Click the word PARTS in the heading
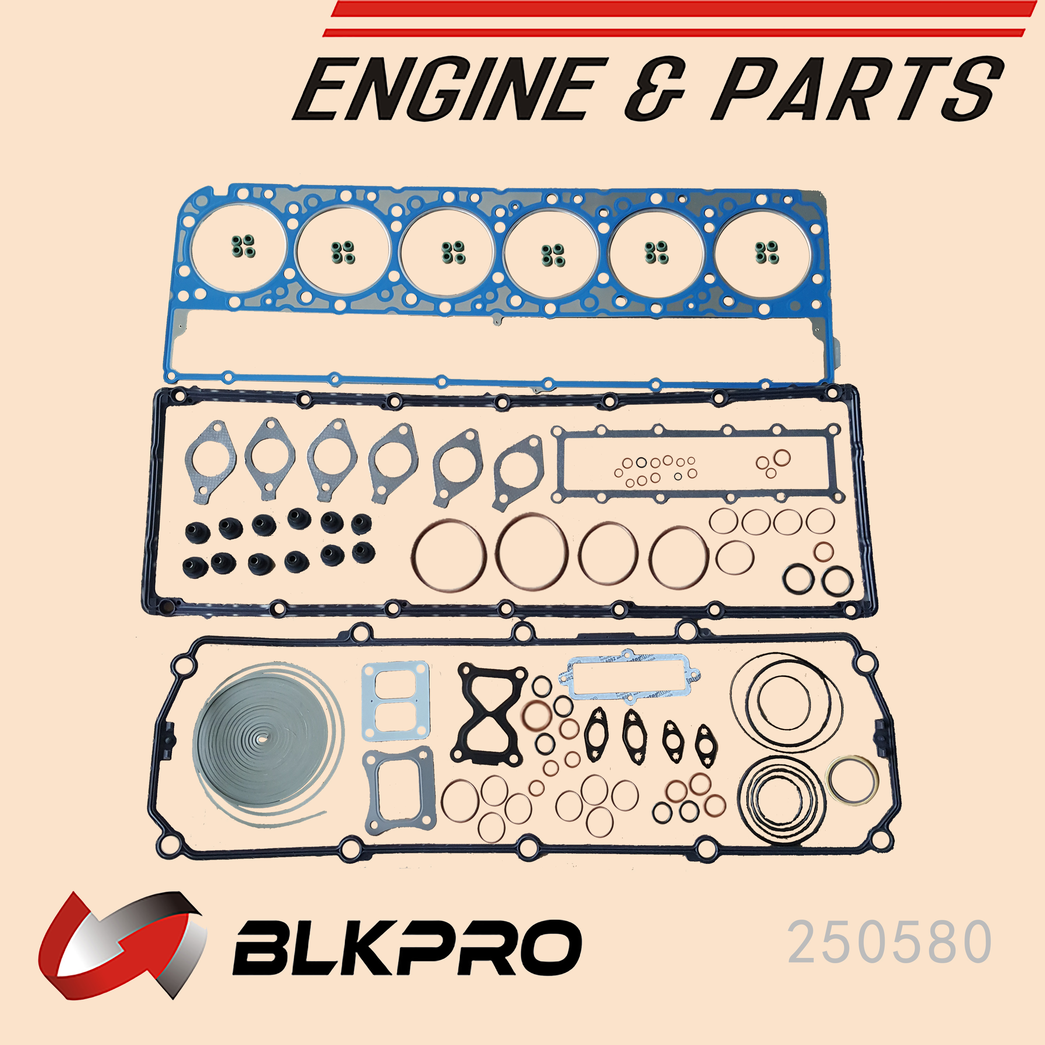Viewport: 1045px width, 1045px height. click(x=857, y=89)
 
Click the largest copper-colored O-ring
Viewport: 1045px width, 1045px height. click(x=531, y=552)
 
